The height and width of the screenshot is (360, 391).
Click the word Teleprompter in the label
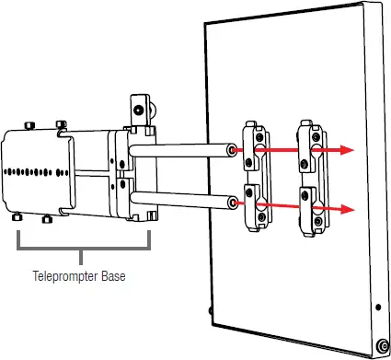click(64, 275)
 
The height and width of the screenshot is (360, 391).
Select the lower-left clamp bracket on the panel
click(255, 206)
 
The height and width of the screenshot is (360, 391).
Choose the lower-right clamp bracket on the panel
click(313, 208)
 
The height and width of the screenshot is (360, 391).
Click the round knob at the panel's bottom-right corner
click(381, 345)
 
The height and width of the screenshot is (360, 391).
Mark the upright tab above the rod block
click(139, 109)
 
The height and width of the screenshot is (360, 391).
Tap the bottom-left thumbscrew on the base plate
click(17, 218)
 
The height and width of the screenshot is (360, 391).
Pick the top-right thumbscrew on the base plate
click(61, 123)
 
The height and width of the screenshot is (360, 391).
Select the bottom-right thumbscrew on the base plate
click(48, 220)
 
